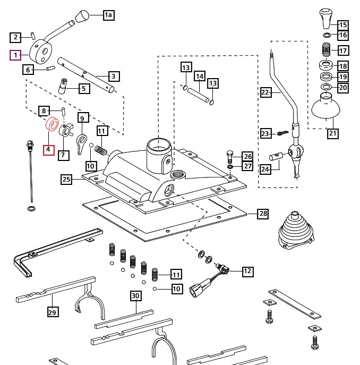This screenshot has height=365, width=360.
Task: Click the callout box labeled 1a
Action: tap(108, 15)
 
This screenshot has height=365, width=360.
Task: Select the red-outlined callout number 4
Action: tap(48, 149)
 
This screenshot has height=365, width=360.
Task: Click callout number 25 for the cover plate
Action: tap(66, 180)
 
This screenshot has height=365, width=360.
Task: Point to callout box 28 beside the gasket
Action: tap(263, 214)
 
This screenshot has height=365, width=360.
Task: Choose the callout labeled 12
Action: tap(247, 271)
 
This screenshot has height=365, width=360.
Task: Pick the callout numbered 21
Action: tap(332, 133)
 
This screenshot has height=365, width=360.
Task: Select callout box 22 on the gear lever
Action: tap(266, 92)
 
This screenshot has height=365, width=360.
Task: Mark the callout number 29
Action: tap(53, 312)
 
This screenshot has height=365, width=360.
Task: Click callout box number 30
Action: tap(135, 295)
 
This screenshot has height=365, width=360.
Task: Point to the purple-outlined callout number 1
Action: tap(16, 55)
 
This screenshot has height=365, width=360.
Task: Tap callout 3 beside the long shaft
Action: tap(113, 76)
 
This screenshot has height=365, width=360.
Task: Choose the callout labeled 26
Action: tap(247, 156)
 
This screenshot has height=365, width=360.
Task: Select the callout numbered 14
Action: tap(199, 77)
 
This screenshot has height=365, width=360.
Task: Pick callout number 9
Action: tap(82, 117)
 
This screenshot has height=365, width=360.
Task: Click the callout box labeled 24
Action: tap(266, 169)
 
